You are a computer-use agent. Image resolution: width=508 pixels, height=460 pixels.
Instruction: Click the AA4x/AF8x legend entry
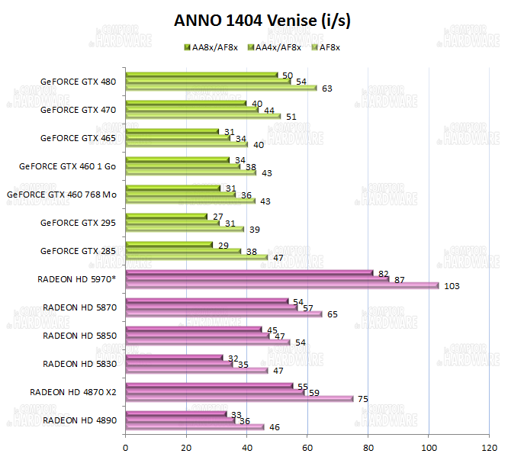pyautogui.click(x=273, y=47)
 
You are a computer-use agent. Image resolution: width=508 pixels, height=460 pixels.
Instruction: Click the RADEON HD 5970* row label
pyautogui.click(x=76, y=278)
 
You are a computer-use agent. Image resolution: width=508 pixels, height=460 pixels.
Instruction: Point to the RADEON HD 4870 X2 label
pyautogui.click(x=73, y=391)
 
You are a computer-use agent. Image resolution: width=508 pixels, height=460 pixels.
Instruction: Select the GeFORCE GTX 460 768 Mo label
pyautogui.click(x=62, y=194)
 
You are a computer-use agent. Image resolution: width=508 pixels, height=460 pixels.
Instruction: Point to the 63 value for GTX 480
pyautogui.click(x=327, y=88)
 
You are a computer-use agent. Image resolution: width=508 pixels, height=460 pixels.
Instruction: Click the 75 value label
pyautogui.click(x=364, y=399)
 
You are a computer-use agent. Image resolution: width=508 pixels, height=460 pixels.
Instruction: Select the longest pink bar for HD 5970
pyautogui.click(x=281, y=286)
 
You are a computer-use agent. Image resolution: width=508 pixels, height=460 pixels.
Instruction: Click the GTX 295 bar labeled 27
pyautogui.click(x=166, y=216)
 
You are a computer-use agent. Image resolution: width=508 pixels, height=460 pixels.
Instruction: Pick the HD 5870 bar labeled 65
pyautogui.click(x=223, y=314)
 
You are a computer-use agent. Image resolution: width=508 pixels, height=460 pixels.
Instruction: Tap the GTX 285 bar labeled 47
pyautogui.click(x=196, y=258)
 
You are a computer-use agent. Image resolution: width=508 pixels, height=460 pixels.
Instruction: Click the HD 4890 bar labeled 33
pyautogui.click(x=175, y=413)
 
